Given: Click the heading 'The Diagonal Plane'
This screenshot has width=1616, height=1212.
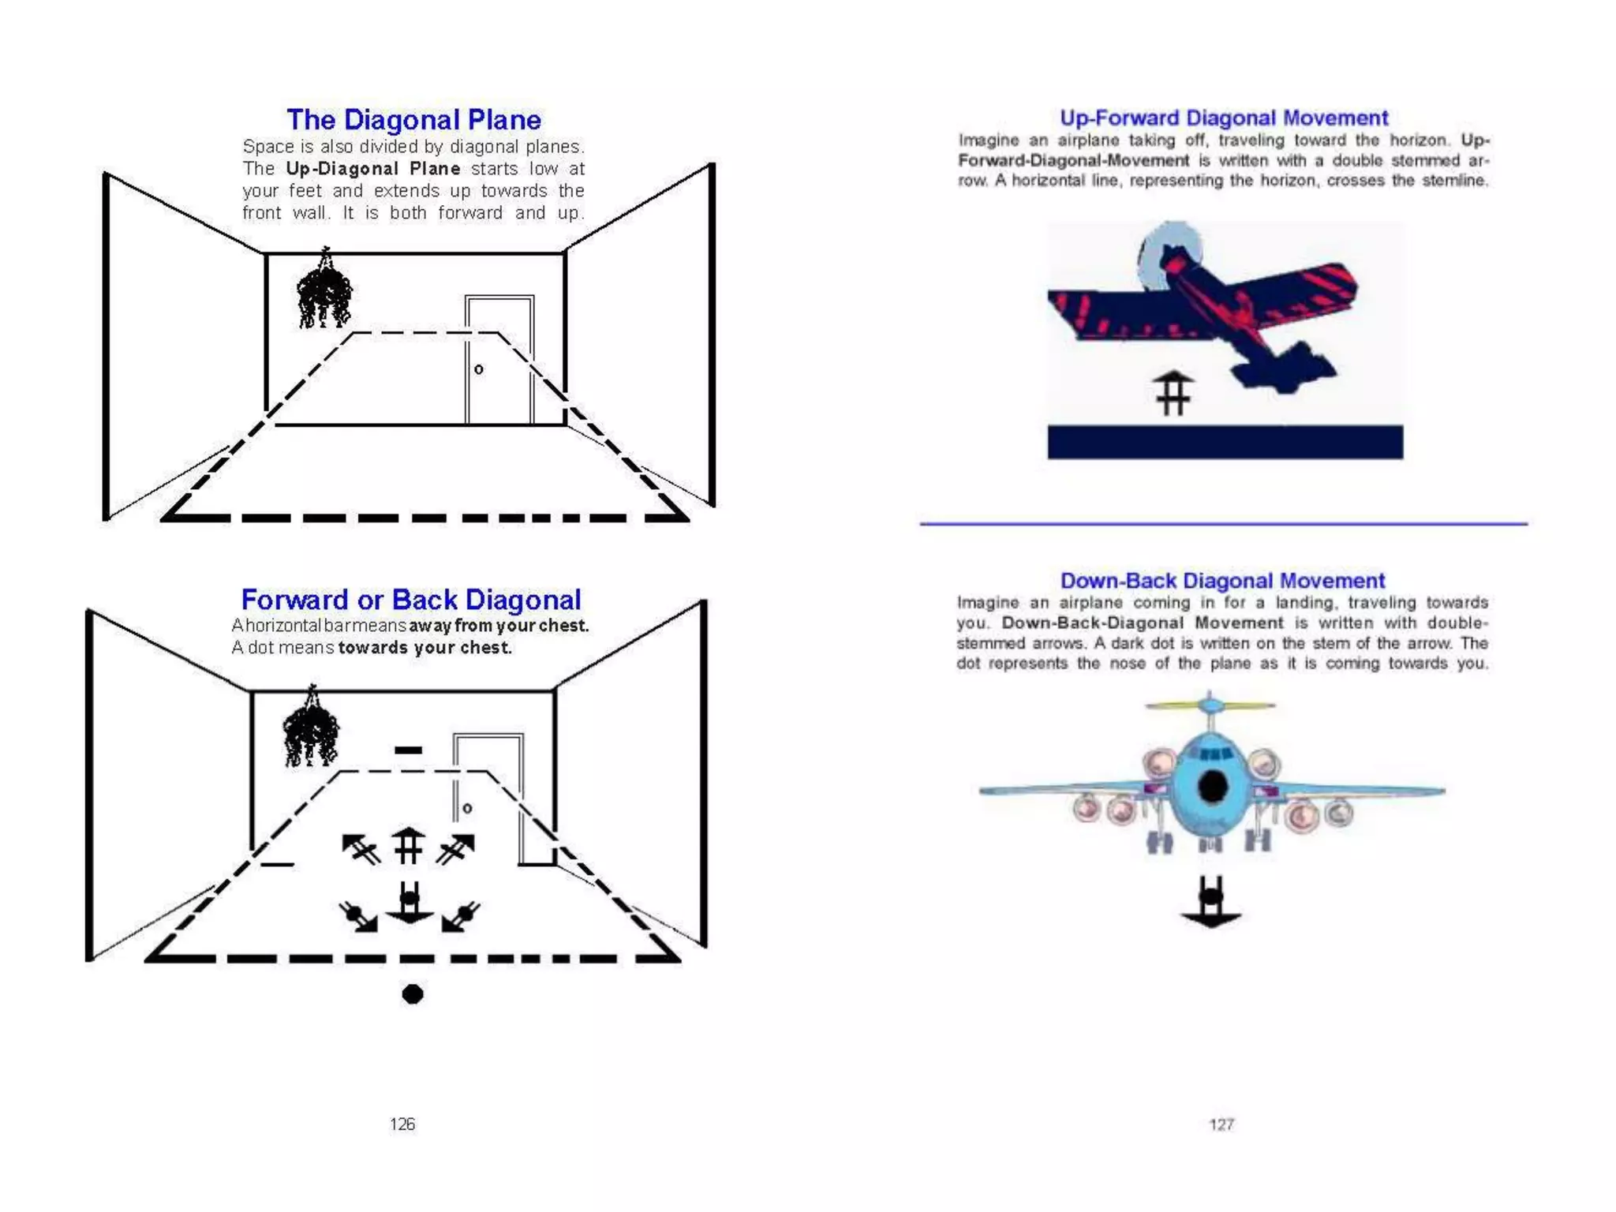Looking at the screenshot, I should pyautogui.click(x=413, y=120).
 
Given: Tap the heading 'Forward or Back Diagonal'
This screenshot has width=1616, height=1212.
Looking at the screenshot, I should pyautogui.click(x=410, y=600).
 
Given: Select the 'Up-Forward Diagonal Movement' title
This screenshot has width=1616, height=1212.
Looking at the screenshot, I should pyautogui.click(x=1223, y=118).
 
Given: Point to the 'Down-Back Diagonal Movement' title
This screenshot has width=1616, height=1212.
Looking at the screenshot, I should pyautogui.click(x=1222, y=581).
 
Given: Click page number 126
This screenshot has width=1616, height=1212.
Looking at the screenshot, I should pyautogui.click(x=402, y=1124).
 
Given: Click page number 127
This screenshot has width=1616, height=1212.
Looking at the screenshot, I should pyautogui.click(x=1221, y=1124).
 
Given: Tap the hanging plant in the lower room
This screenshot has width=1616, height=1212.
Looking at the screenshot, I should pyautogui.click(x=311, y=730).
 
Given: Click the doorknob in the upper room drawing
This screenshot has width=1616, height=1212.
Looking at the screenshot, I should pyautogui.click(x=479, y=369).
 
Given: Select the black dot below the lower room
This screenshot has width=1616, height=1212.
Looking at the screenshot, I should pyautogui.click(x=412, y=993).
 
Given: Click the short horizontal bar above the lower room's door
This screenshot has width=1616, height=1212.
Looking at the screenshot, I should pyautogui.click(x=408, y=750).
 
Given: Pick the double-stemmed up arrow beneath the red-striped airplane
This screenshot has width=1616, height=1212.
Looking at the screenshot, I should pyautogui.click(x=1173, y=392).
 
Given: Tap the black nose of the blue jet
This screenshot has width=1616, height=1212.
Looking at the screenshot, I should pyautogui.click(x=1213, y=785).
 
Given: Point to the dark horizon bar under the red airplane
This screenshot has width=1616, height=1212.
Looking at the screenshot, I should pyautogui.click(x=1225, y=442).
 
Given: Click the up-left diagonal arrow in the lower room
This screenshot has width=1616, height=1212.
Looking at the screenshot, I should pyautogui.click(x=361, y=849).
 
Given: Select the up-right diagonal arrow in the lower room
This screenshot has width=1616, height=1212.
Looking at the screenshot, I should pyautogui.click(x=457, y=849).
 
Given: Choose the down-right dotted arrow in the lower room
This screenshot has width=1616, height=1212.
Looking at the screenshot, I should pyautogui.click(x=359, y=918).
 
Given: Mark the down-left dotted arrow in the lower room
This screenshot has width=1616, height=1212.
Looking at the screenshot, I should pyautogui.click(x=461, y=917).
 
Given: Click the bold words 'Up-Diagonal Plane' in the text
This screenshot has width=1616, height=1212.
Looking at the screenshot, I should pyautogui.click(x=372, y=169).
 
